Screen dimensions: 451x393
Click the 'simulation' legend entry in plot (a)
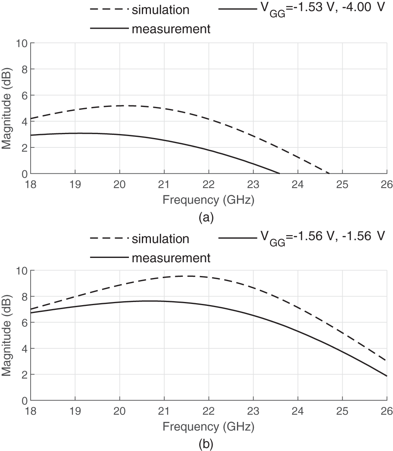point(160,10)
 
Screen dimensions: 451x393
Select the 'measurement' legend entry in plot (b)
point(171,258)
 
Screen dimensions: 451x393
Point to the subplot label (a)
point(206,217)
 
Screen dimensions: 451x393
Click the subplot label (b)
point(206,444)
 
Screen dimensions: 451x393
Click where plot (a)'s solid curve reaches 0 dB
point(279,173)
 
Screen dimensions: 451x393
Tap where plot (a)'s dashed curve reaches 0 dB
point(329,173)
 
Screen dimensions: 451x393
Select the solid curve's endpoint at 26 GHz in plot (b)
point(387,376)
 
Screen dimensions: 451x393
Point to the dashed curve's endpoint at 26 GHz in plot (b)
point(387,361)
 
